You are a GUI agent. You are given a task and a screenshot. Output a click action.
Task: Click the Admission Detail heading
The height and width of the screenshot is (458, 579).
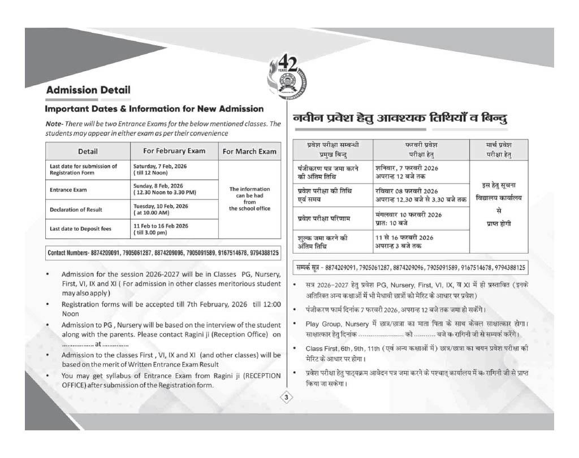point(88,90)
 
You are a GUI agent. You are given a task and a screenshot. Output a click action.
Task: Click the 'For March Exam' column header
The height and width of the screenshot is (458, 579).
point(249,151)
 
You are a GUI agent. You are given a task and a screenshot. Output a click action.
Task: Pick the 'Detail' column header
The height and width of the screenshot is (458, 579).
point(88,151)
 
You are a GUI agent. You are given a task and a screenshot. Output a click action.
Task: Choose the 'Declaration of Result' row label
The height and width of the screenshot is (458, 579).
point(76,210)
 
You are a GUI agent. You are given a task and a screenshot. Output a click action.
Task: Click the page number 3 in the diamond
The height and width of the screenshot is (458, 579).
point(287,398)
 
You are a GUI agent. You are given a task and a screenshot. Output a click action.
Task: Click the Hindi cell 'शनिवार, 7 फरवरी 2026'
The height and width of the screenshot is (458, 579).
point(407,168)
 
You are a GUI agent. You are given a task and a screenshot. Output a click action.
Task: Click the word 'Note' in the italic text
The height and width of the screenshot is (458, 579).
point(53,124)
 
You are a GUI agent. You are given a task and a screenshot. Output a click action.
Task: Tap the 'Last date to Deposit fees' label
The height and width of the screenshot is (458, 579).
point(81,229)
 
